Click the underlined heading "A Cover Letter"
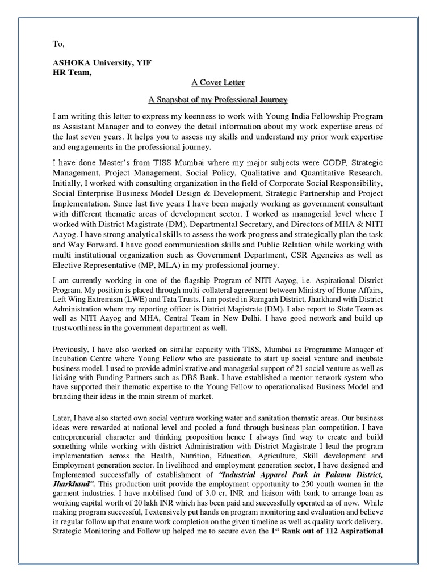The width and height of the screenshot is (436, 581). (x=218, y=82)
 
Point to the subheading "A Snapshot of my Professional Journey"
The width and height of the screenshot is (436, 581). (x=218, y=99)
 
